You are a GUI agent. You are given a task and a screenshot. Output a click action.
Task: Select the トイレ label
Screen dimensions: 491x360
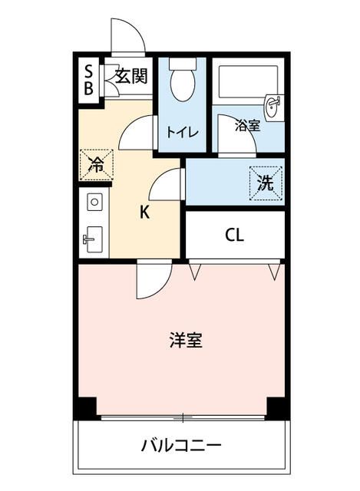click(183, 131)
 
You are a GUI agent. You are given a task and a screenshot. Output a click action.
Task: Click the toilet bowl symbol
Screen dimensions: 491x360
click(183, 84)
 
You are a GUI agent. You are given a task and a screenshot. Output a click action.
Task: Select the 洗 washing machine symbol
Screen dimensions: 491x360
click(265, 183)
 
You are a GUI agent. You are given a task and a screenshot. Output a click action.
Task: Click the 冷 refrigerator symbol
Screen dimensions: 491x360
click(96, 163)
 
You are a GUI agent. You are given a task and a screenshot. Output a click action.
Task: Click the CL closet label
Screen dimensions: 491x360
click(234, 236)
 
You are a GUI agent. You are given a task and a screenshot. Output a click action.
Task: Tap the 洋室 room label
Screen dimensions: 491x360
click(186, 340)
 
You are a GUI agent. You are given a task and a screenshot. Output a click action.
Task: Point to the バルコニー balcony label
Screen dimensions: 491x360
click(181, 445)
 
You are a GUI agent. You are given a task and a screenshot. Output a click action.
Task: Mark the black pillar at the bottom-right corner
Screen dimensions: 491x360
click(277, 407)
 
